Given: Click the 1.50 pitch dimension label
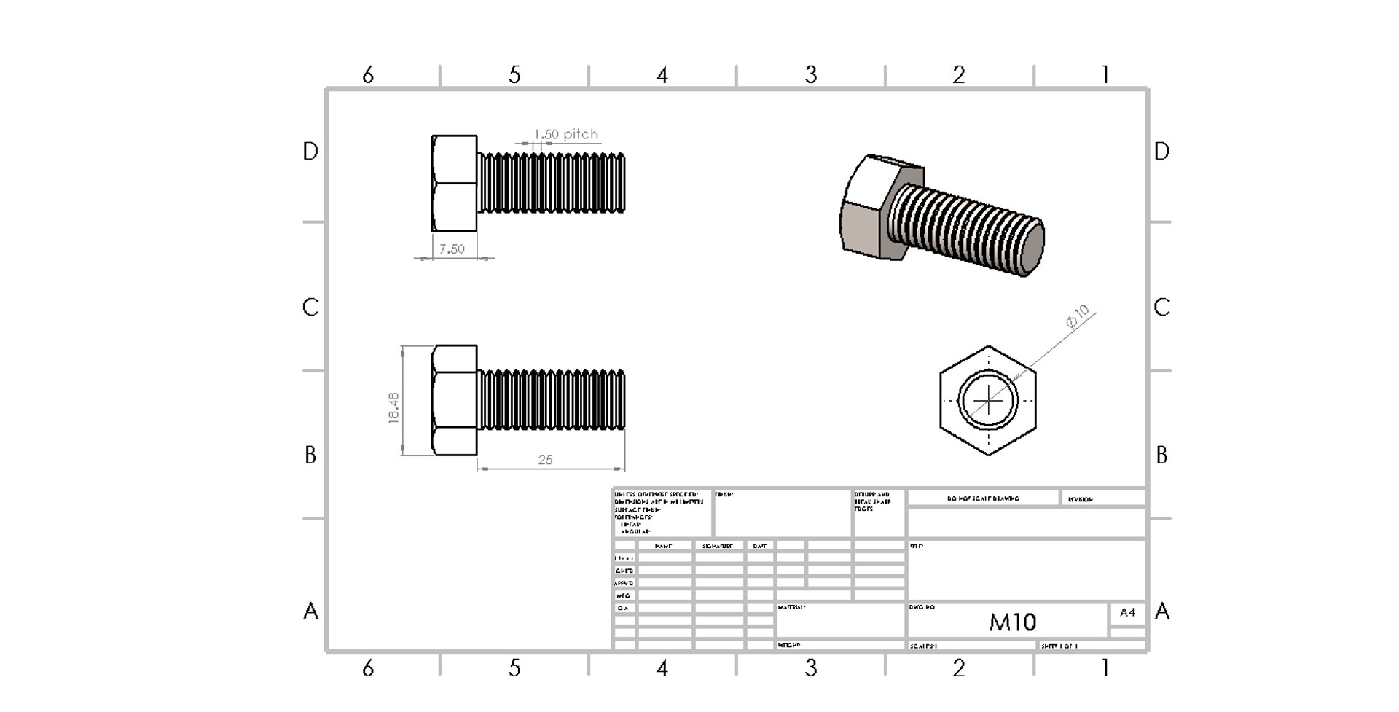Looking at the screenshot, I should pyautogui.click(x=565, y=134).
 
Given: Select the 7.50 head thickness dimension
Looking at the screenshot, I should pyautogui.click(x=452, y=249).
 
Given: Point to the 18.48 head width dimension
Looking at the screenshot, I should pyautogui.click(x=393, y=407).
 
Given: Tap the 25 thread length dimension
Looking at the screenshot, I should pyautogui.click(x=545, y=460).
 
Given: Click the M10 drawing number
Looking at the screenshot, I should pyautogui.click(x=1012, y=622).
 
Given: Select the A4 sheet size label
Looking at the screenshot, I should pyautogui.click(x=1127, y=612).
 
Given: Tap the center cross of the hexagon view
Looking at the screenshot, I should pyautogui.click(x=988, y=400).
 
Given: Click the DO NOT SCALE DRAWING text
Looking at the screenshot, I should pyautogui.click(x=983, y=499).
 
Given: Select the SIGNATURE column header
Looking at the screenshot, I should pyautogui.click(x=717, y=546).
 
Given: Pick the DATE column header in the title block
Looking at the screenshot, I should pyautogui.click(x=760, y=546).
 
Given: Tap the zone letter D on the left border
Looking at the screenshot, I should pyautogui.click(x=310, y=152).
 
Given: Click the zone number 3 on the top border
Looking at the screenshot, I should pyautogui.click(x=811, y=74).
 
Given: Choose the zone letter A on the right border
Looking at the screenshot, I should pyautogui.click(x=1162, y=611).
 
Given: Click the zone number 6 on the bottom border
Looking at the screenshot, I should pyautogui.click(x=368, y=668).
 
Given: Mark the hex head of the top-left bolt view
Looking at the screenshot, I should pyautogui.click(x=454, y=183).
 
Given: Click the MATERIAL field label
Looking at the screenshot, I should pyautogui.click(x=791, y=607).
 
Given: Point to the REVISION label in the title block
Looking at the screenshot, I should pyautogui.click(x=1081, y=499).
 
